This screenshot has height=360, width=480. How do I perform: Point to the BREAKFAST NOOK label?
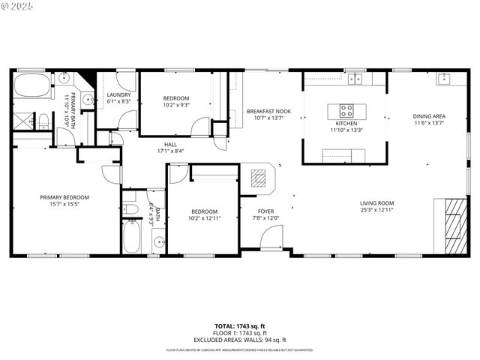tap(268, 111)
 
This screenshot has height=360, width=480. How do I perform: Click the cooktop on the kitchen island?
tap(346, 110)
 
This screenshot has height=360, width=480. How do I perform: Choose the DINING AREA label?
tap(429, 116)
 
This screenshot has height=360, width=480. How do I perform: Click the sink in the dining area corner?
tap(443, 79)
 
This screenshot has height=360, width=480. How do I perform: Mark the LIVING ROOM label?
tap(376, 202)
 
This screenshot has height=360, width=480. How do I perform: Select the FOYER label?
tap(266, 211)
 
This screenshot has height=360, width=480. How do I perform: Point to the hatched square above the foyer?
tap(257, 177)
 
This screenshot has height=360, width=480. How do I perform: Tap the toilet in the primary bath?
tap(43, 120)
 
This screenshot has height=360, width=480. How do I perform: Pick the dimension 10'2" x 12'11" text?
tap(204, 219)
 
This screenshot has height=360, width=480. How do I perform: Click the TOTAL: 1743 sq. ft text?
tap(240, 325)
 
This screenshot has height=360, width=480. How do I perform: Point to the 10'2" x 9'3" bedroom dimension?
tap(177, 106)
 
